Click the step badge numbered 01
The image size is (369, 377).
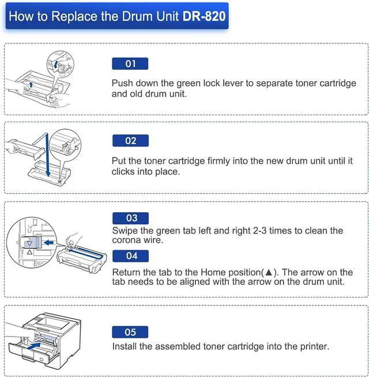click(130, 63)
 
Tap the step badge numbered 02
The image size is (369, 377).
click(130, 141)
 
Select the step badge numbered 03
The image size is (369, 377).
click(130, 218)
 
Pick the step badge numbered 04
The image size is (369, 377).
click(130, 255)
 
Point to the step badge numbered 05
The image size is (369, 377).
click(130, 332)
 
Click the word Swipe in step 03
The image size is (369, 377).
click(125, 231)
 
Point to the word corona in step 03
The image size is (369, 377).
click(127, 240)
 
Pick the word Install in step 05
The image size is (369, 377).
click(126, 346)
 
